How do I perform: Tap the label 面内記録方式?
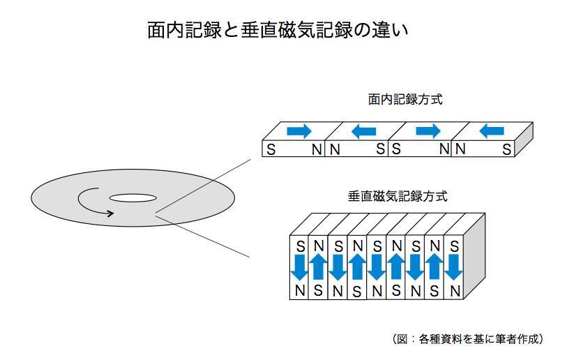point(405,100)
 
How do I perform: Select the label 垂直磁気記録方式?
point(397,197)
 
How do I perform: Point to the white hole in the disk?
point(133,198)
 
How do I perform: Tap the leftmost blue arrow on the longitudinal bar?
point(299,130)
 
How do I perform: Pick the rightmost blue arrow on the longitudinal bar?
point(492,130)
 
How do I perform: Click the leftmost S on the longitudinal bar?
point(271,149)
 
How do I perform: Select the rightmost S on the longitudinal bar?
point(507,149)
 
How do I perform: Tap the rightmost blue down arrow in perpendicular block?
point(454,267)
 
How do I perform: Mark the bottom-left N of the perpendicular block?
point(300,290)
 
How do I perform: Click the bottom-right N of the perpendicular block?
point(454,290)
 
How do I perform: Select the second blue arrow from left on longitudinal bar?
point(364,130)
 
